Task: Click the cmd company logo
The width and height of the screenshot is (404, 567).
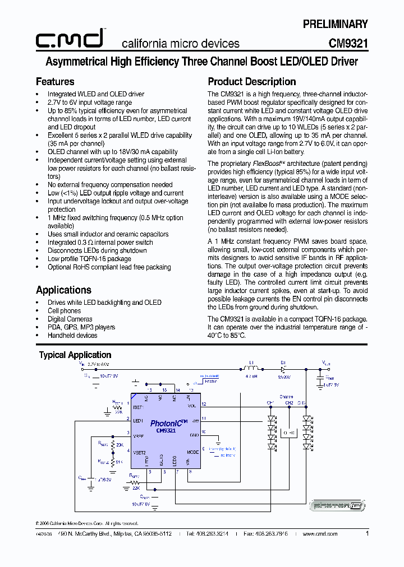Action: coord(70,39)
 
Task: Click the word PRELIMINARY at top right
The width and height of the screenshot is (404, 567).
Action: coord(335,24)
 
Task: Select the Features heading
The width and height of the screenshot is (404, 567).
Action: coord(55,82)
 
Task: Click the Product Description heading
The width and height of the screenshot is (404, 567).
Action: coord(252,82)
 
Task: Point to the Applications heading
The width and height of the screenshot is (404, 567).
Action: coord(63,290)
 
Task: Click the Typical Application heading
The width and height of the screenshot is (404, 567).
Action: coord(75,355)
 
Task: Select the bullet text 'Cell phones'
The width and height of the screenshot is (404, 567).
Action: coord(64,310)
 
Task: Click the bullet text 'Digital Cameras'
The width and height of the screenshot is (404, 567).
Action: coord(70,319)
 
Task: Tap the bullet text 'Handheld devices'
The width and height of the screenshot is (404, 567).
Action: coord(72,336)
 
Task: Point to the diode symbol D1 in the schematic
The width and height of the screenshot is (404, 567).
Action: coord(283,369)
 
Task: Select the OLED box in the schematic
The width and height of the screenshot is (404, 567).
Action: coord(289,433)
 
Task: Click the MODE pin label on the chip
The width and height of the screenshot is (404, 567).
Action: coord(192,452)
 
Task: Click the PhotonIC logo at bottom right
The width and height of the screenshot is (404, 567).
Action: coord(338,506)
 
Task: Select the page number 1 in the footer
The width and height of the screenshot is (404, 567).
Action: coord(367,534)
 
